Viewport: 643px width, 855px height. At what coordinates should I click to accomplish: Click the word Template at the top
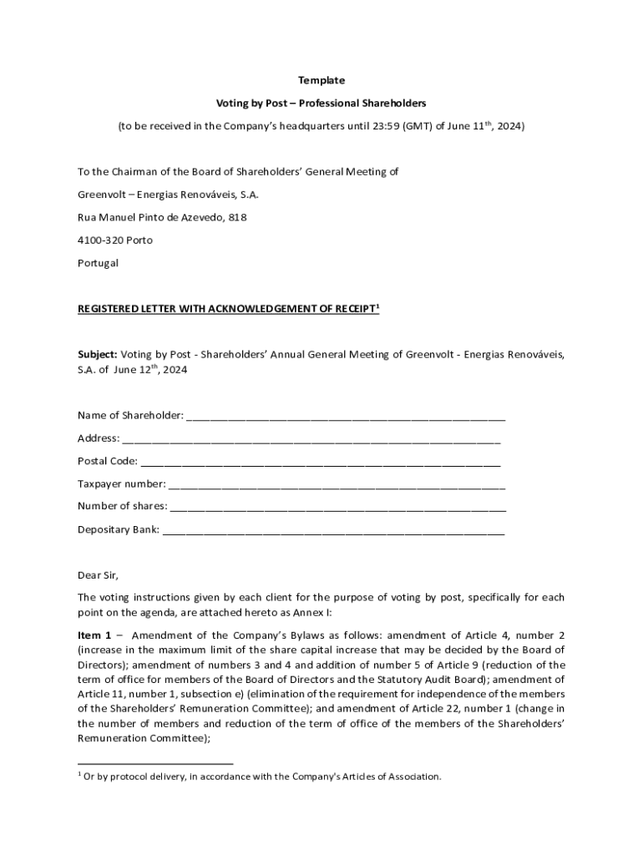pos(321,80)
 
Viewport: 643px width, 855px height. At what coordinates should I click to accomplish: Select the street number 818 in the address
pos(237,217)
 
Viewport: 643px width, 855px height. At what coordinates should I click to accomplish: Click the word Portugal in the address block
pos(98,262)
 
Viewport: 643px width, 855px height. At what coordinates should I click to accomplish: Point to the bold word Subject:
pos(98,354)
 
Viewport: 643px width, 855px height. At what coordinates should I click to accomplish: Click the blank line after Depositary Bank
pos(333,529)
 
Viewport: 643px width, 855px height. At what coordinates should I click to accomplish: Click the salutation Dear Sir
pos(99,574)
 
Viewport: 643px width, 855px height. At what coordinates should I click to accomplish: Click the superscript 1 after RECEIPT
pos(378,306)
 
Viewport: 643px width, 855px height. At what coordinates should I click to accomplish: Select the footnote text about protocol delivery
pos(261,777)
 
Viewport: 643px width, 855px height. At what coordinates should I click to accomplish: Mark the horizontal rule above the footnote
pos(155,763)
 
